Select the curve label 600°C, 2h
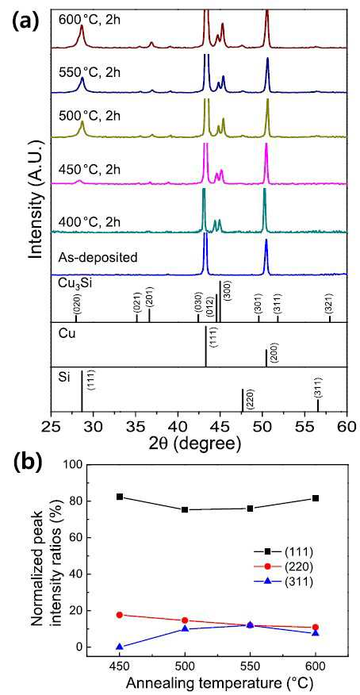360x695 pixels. pos(89,20)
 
